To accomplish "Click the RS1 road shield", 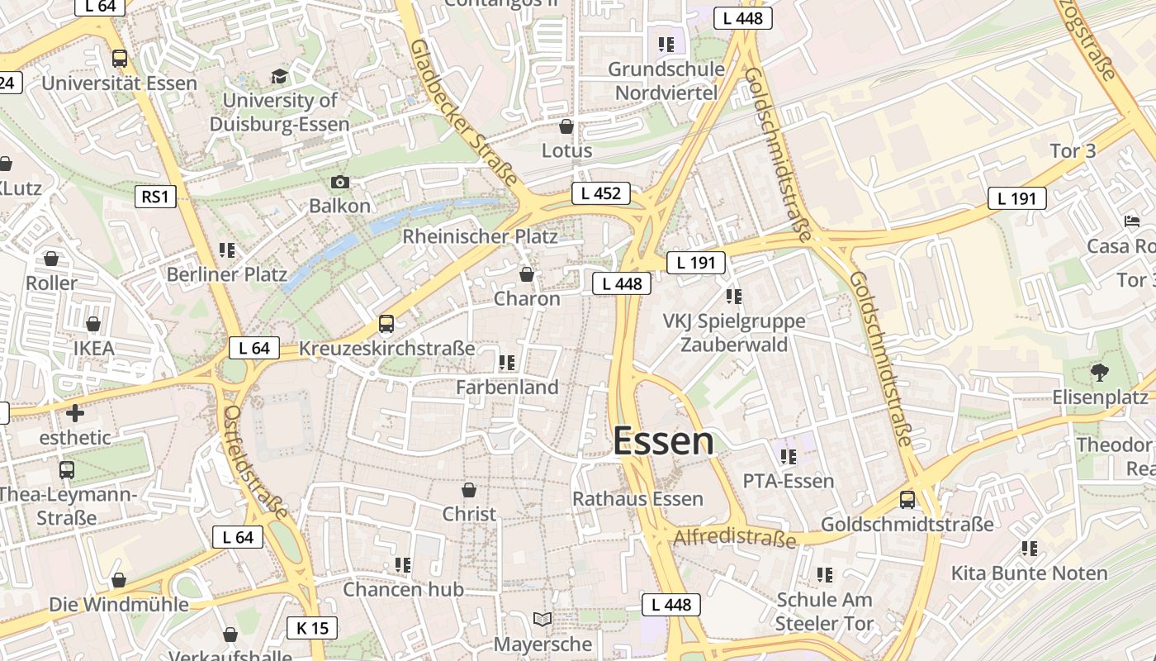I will [x=155, y=196].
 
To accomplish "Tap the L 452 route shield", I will [x=600, y=193].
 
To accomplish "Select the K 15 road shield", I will [x=312, y=628].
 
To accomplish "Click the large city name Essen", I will [x=663, y=441].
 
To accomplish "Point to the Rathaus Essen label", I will [x=637, y=499].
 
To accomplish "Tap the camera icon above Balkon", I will [x=339, y=182].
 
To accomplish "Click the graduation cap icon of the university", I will [x=280, y=77].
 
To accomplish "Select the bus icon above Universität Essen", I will [x=120, y=59].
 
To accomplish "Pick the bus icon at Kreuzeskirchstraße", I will [x=386, y=324].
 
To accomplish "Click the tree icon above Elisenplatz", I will [x=1099, y=373].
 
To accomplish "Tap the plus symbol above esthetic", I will [x=75, y=412].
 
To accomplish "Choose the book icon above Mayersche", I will [x=542, y=619].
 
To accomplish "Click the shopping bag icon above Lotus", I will [x=566, y=126].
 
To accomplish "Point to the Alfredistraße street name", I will [x=735, y=539].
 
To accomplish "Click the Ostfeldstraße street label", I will [x=256, y=461].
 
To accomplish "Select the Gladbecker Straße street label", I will [x=463, y=112].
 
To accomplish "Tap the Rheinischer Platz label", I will [x=480, y=236].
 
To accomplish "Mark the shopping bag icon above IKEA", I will [x=93, y=324].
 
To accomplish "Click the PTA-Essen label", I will [x=789, y=481].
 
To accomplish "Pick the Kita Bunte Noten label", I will [x=1029, y=573].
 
